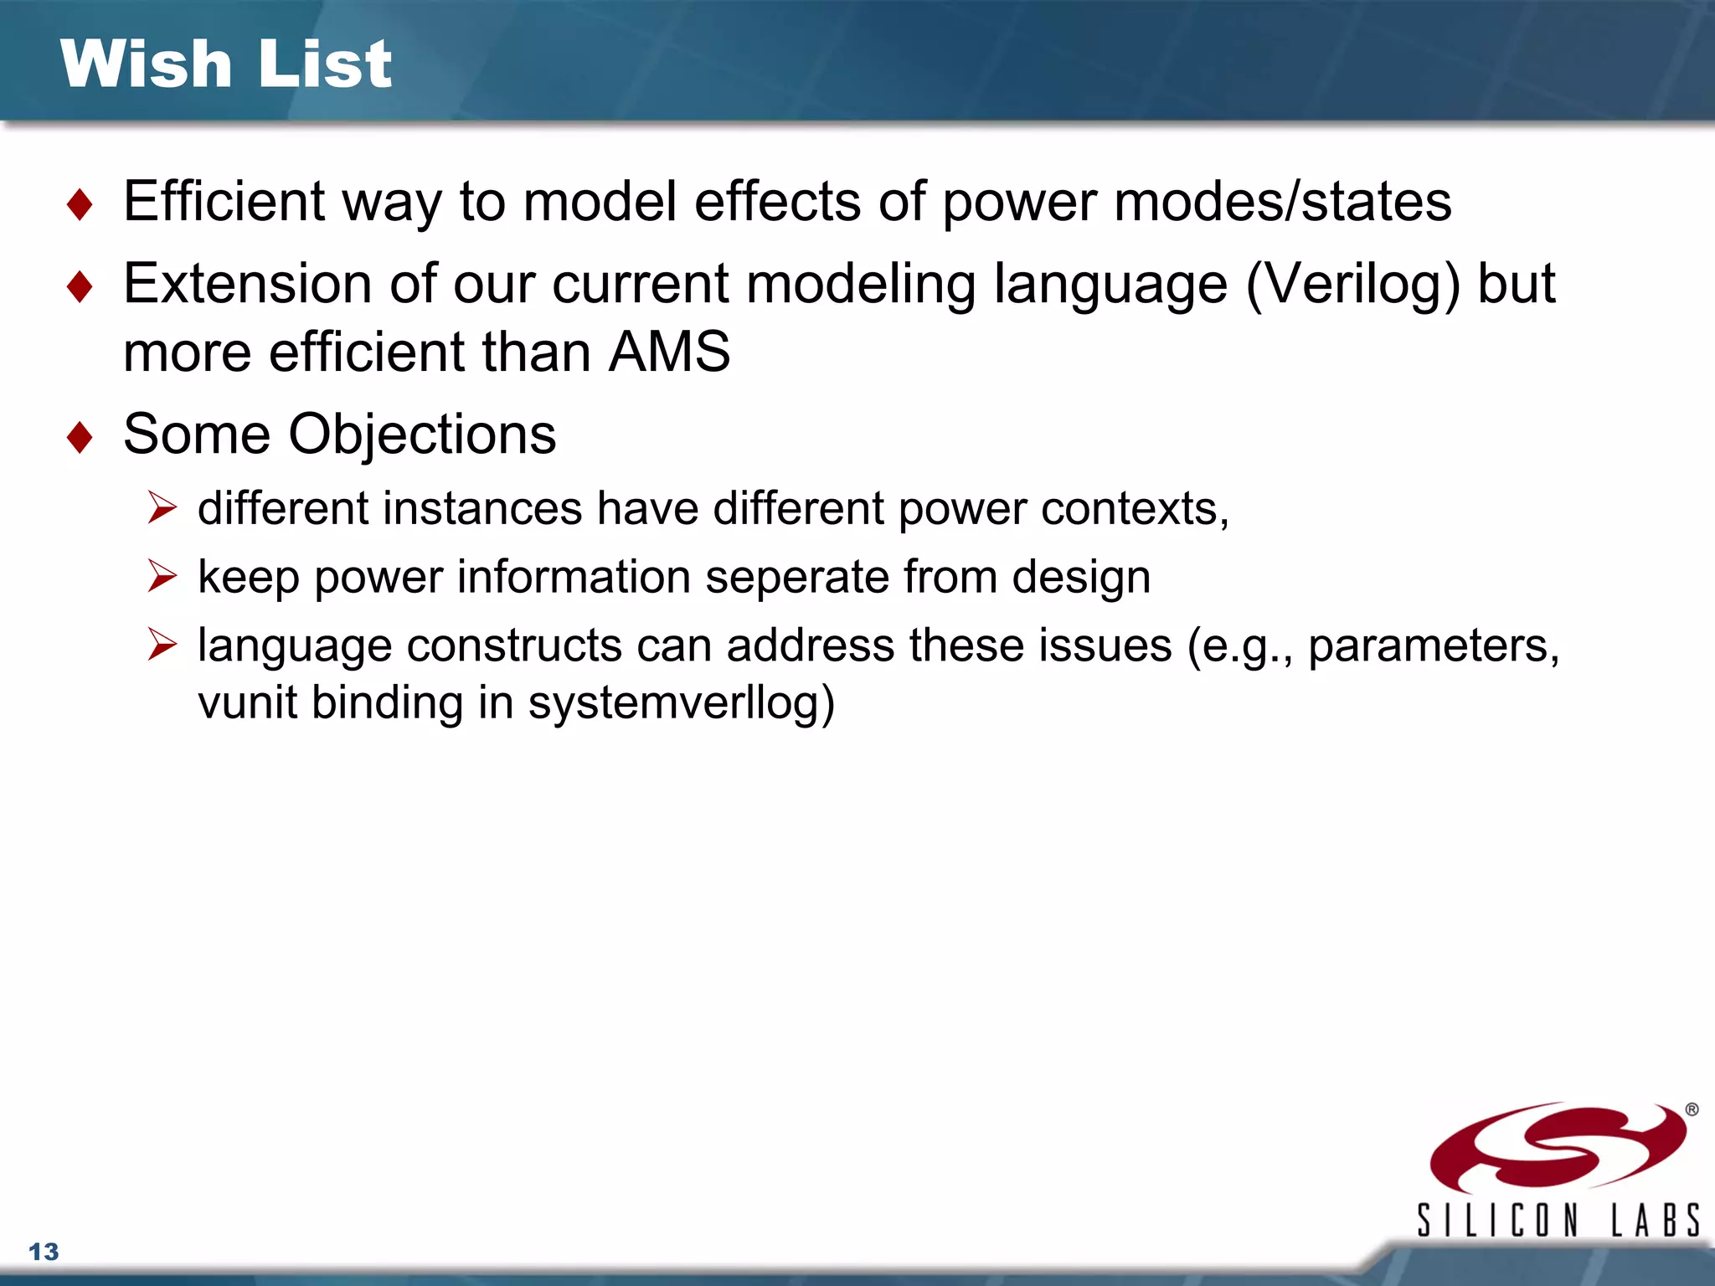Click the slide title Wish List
(225, 64)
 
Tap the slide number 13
(44, 1252)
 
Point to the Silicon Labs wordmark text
(1558, 1221)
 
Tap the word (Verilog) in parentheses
(1353, 285)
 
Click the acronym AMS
(669, 352)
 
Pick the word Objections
(422, 435)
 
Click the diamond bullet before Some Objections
(80, 437)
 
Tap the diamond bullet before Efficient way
(80, 204)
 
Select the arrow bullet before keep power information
(162, 576)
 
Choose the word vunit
(247, 702)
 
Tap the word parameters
(1433, 646)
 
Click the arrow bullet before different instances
(162, 507)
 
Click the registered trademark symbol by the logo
(1692, 1109)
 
